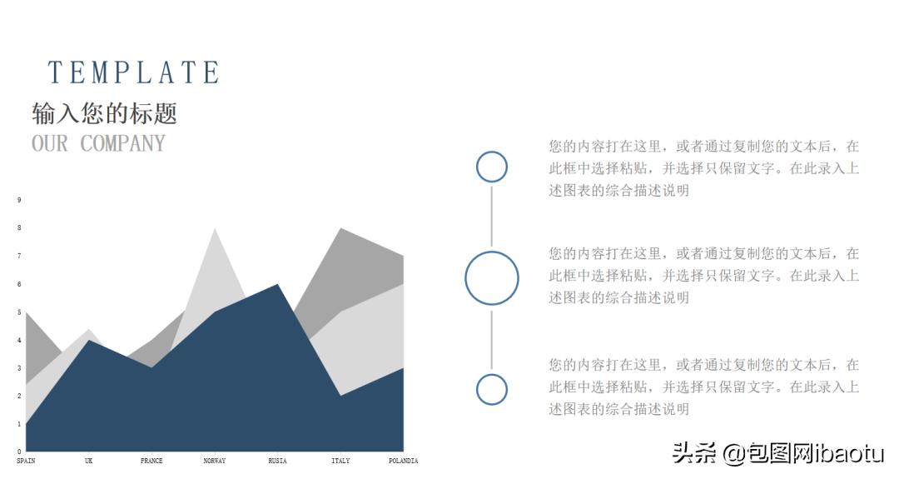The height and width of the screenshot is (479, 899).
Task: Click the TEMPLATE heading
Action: pos(133,72)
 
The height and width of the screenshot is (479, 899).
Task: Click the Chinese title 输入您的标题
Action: pos(104,113)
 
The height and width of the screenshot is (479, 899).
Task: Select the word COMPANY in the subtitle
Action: pos(123,143)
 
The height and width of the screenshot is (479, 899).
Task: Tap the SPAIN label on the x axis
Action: pos(26,461)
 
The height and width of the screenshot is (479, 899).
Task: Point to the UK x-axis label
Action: pos(88,461)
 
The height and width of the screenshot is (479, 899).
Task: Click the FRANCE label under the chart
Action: pos(151,461)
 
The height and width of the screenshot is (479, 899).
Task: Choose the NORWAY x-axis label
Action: pos(215,461)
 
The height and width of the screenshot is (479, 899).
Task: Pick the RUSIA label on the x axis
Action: pos(277,461)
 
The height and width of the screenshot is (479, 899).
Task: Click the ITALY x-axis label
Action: pos(340,461)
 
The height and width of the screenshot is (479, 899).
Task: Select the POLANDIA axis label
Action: pos(403,461)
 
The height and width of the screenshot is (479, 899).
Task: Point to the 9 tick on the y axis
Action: pos(19,200)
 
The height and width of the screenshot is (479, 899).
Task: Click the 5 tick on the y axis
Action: pos(19,312)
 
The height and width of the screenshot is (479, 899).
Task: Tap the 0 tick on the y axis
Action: pos(19,452)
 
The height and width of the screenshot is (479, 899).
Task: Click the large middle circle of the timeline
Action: pos(491,277)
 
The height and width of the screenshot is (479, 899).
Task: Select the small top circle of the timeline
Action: pos(491,167)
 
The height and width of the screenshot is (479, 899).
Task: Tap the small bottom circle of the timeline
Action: pos(491,389)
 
